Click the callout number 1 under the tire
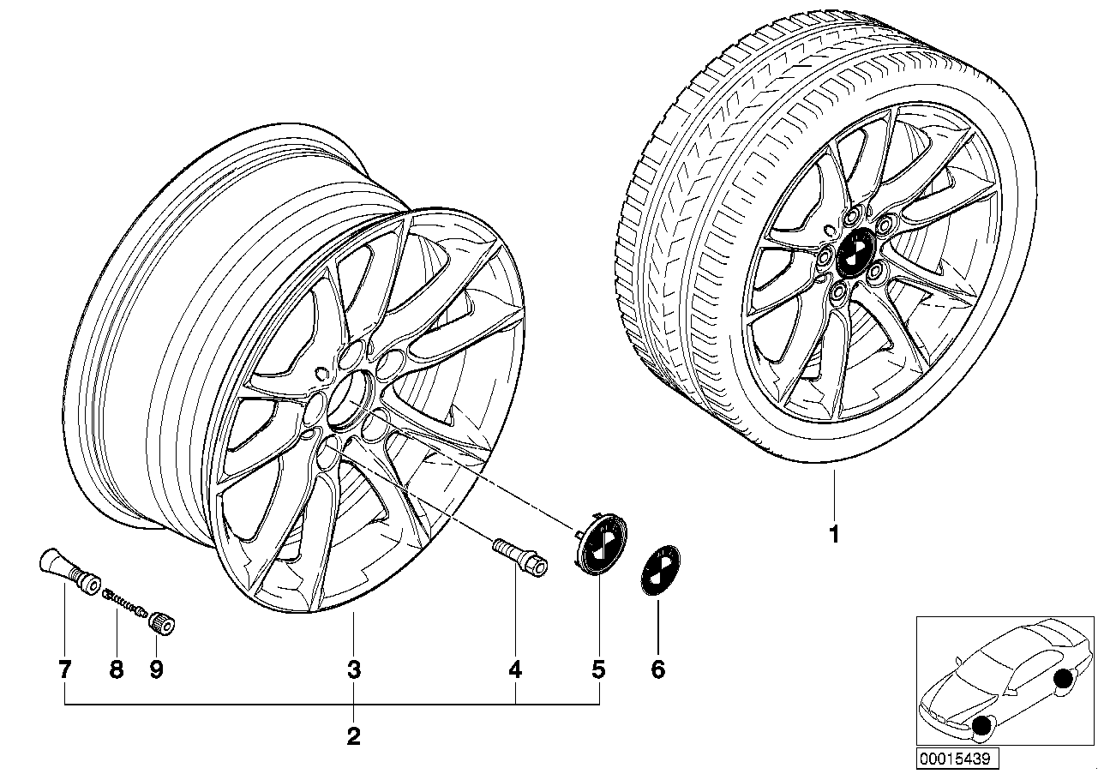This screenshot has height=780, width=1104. click(834, 534)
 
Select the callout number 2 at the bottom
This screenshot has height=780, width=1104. click(354, 736)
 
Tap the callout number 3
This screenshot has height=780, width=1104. click(354, 670)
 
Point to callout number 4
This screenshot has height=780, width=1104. click(515, 670)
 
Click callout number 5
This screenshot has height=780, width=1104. click(599, 670)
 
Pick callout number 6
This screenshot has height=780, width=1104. click(658, 670)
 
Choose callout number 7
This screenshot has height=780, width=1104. click(65, 670)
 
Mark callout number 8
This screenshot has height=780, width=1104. click(117, 670)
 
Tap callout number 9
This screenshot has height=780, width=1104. click(156, 670)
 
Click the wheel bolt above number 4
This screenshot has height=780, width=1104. click(520, 558)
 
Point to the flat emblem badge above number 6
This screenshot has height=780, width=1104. click(661, 570)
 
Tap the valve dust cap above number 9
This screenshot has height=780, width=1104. click(162, 621)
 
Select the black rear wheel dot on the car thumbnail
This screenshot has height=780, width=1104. click(1063, 679)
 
